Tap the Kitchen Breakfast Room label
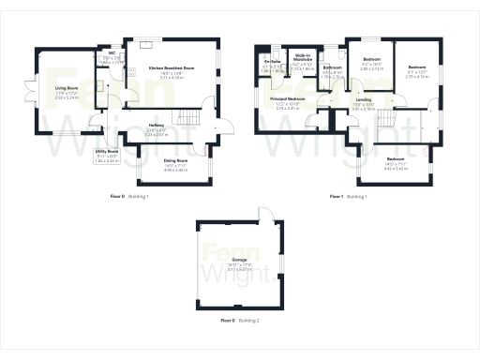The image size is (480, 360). click(x=172, y=68)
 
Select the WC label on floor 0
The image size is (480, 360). click(x=111, y=52)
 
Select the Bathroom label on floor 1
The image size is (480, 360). click(x=332, y=68)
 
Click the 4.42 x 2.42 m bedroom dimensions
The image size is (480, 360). click(x=395, y=168)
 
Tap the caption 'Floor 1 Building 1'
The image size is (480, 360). click(x=348, y=197)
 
